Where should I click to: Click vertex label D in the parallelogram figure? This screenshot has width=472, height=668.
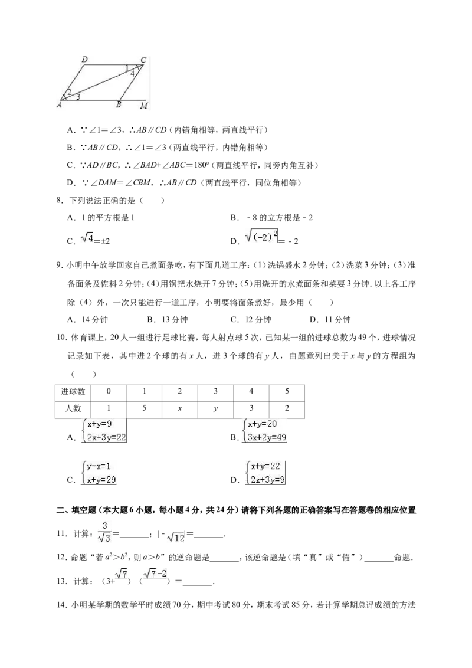tap(85, 60)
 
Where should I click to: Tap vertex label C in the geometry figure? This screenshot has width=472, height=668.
tap(143, 60)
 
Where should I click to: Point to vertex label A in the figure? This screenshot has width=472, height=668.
tap(59, 105)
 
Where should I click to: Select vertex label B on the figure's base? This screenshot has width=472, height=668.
tap(119, 105)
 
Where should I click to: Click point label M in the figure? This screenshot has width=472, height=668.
tap(144, 105)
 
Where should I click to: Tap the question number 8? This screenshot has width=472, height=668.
tap(60, 200)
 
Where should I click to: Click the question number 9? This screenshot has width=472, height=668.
tap(60, 266)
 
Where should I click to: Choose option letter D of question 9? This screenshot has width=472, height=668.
tap(313, 320)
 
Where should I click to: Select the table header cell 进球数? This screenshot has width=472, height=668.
tap(73, 391)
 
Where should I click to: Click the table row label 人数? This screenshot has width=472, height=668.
tap(73, 408)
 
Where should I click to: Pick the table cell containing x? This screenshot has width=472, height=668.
tap(180, 408)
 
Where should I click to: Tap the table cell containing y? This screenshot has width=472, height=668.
tap(215, 408)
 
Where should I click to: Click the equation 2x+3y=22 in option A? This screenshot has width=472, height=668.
tap(107, 437)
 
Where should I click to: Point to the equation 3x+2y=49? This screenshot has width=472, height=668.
tap(267, 437)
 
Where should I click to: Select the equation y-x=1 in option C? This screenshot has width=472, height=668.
tap(99, 466)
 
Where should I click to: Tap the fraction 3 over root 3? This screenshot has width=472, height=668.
tap(104, 532)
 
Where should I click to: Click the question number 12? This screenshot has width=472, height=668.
tap(62, 557)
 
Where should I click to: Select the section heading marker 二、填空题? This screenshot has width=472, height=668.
tap(74, 510)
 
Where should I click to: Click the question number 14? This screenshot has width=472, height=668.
tap(62, 604)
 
